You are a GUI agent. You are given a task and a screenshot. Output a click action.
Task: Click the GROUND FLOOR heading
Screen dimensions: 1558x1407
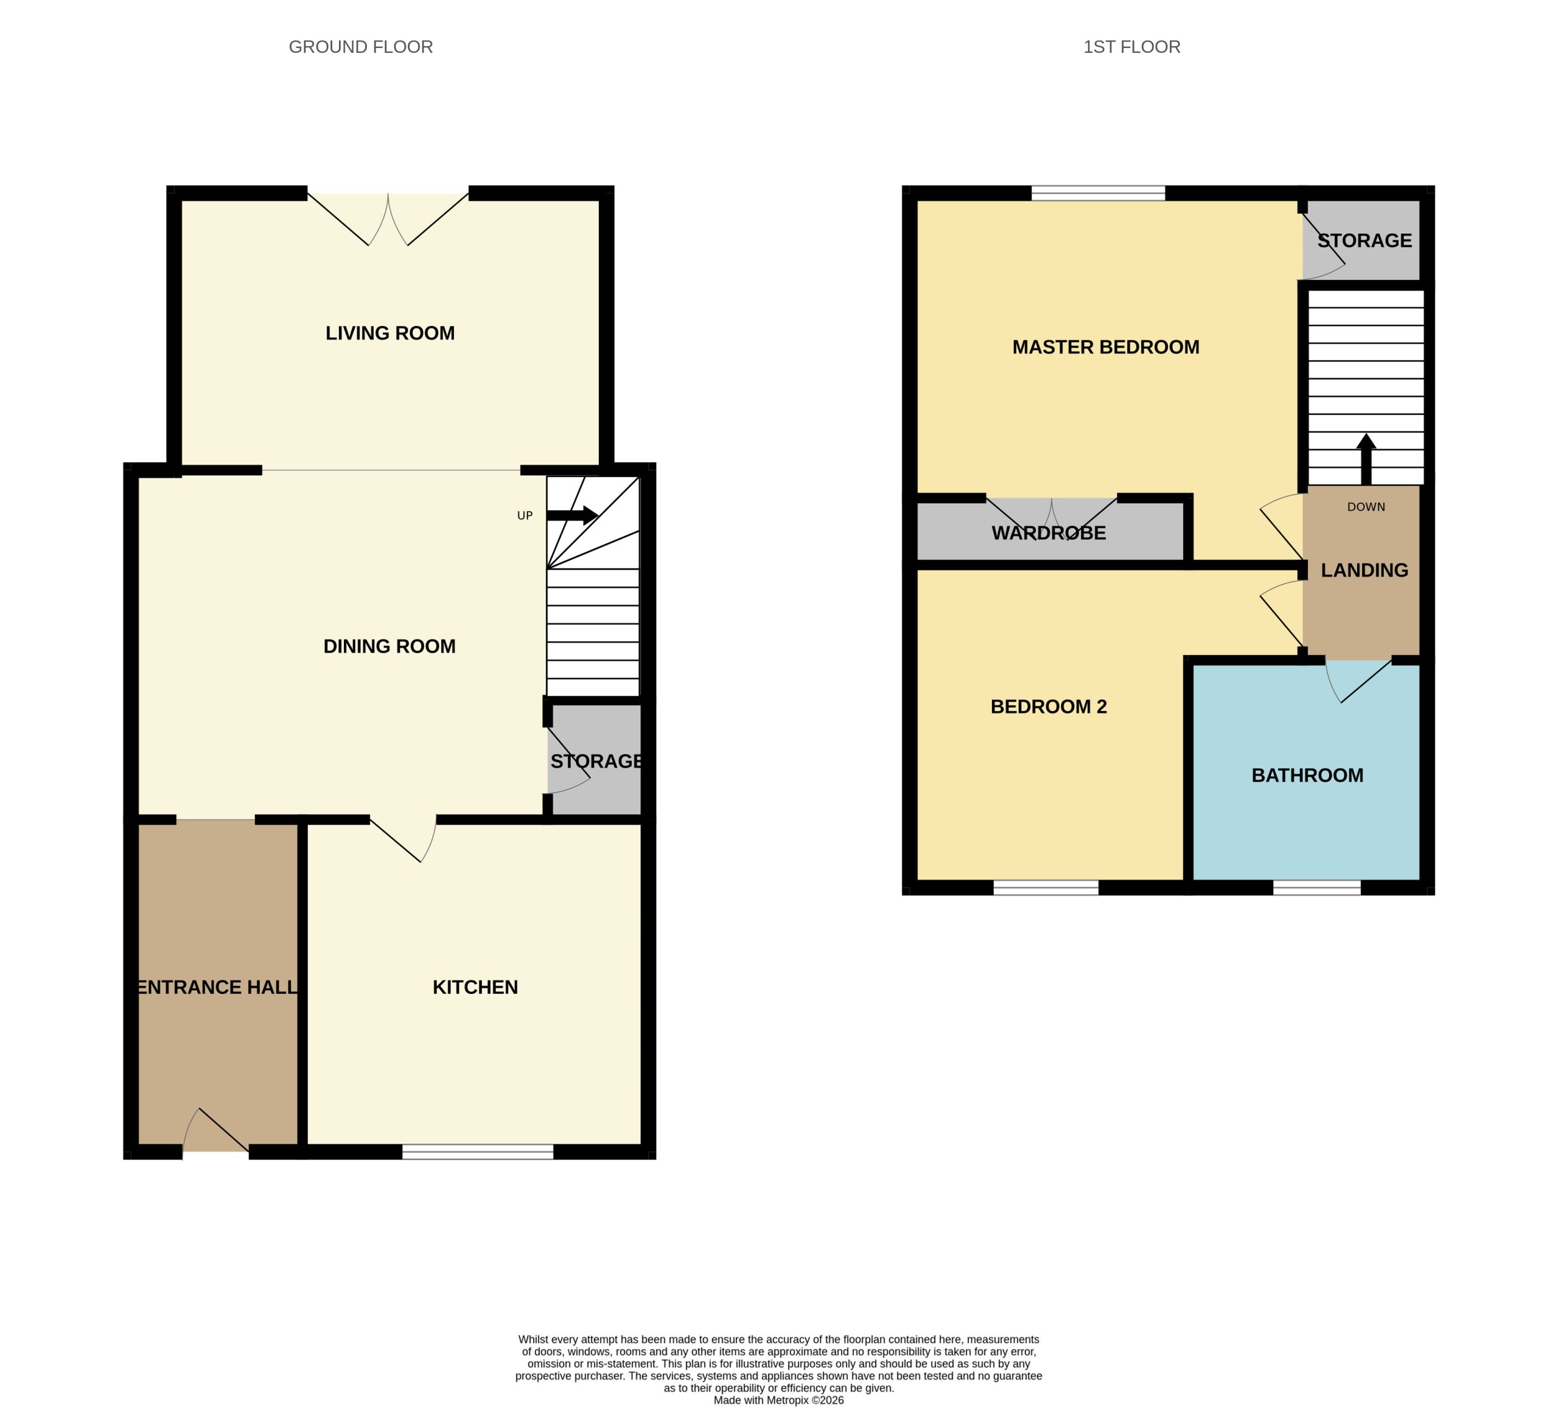(360, 47)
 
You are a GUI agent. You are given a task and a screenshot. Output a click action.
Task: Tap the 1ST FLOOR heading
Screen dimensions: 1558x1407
(1131, 47)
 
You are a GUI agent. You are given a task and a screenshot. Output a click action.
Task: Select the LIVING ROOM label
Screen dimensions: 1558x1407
(389, 333)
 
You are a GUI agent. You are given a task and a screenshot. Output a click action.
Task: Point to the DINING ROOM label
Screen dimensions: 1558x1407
(389, 646)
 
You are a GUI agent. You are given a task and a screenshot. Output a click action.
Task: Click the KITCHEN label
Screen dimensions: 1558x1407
(475, 987)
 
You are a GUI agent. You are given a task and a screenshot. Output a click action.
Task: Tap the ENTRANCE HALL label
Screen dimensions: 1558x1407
(217, 987)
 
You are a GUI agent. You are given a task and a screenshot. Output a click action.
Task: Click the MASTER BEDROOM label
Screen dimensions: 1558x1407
(1105, 347)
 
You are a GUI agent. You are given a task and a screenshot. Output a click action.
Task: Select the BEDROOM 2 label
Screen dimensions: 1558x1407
(1048, 706)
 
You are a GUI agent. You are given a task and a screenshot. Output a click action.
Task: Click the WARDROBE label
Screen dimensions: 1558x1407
(1048, 532)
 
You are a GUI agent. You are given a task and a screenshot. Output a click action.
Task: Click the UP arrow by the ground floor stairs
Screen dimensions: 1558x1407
(572, 515)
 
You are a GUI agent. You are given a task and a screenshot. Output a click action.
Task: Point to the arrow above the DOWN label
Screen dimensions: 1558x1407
(1366, 459)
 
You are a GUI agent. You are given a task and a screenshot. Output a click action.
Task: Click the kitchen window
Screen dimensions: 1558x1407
(478, 1152)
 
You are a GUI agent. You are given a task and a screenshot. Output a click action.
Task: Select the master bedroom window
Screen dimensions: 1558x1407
(1097, 192)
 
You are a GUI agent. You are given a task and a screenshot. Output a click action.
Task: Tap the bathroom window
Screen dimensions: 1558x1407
(1316, 888)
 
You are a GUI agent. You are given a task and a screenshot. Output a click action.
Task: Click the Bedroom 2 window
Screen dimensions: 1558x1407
(1045, 888)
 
